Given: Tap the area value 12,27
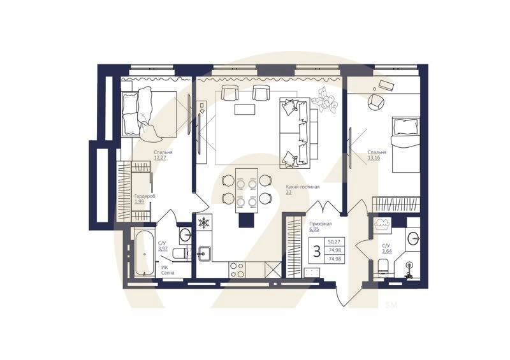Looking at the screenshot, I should tap(162, 159).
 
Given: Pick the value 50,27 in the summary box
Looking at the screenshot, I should tap(333, 241).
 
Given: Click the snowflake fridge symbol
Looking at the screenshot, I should tap(204, 223).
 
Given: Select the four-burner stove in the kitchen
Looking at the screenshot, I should tap(237, 270).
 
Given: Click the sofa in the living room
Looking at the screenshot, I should tap(298, 131).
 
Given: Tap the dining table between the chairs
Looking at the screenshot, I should tap(245, 189).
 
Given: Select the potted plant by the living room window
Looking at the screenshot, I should tap(329, 101).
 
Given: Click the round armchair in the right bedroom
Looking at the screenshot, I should tap(375, 101).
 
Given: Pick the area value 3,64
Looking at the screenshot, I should tap(386, 250).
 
